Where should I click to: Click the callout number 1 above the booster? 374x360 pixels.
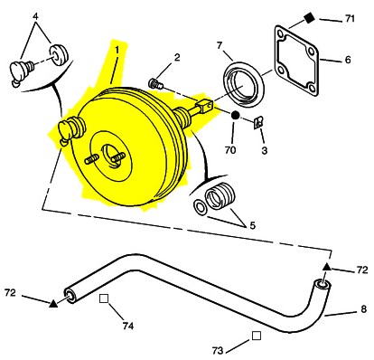tap(117, 50)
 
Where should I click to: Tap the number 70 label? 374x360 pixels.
tap(230, 150)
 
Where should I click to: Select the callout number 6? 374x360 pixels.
tap(348, 60)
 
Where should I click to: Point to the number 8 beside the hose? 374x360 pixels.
tap(364, 309)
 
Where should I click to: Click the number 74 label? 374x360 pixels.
tap(128, 326)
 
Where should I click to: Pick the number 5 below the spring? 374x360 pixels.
tap(252, 225)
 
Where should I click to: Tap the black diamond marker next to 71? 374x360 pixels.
tap(309, 18)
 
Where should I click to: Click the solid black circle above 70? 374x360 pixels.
tap(235, 115)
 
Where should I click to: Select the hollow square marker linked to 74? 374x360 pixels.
tap(104, 298)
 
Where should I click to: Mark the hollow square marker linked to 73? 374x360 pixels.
tap(257, 336)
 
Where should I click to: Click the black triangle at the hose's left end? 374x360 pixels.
tap(53, 304)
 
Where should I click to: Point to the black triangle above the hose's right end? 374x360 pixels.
tap(326, 267)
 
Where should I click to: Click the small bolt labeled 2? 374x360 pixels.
tap(156, 83)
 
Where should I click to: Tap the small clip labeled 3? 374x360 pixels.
tap(258, 123)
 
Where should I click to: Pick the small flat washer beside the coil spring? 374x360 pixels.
tap(201, 207)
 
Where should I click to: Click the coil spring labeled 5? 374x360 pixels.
tap(220, 196)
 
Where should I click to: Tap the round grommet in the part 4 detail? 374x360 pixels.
tap(59, 55)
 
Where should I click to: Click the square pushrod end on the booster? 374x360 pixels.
tap(205, 106)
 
